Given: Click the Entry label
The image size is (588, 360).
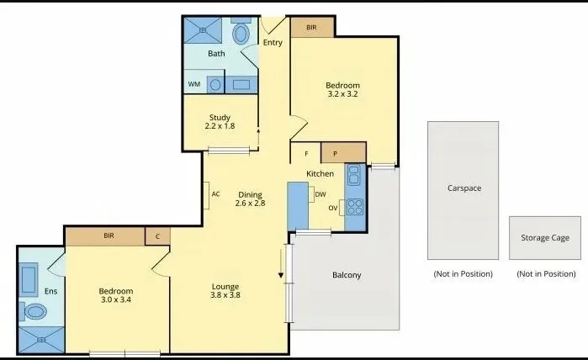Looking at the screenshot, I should pos(273,43).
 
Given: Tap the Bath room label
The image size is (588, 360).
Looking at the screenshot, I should pos(216,54).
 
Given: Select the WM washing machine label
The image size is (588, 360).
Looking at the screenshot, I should pos(194,84).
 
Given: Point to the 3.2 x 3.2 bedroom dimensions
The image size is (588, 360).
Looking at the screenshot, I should pos(342,95).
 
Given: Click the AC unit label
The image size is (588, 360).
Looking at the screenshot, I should pos(215,194).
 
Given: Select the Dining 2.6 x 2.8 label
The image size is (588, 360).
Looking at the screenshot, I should pos(250,199).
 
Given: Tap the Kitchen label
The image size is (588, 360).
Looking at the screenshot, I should pos(320,173).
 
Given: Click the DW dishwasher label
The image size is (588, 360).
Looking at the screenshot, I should pos(320,194).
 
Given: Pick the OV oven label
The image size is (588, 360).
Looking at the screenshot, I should pos(332,207).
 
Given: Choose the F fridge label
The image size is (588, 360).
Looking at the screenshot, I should pos(306,153).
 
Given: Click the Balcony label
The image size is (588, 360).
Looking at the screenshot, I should pos(347,275).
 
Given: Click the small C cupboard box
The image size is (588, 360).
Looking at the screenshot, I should pos(157,237).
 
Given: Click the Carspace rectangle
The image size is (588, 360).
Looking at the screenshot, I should pos(464,189).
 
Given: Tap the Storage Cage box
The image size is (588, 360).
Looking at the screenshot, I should pos(545,238).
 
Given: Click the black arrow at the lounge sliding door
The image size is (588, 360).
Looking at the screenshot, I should pos(282,274).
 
